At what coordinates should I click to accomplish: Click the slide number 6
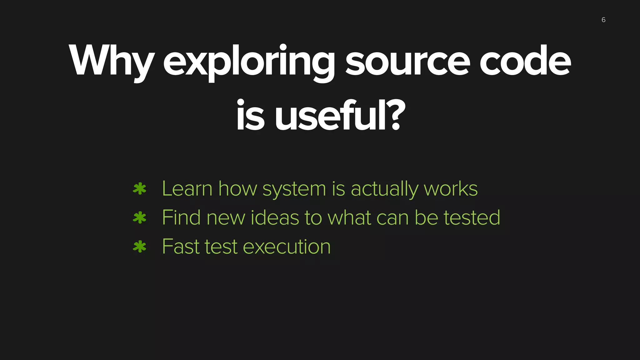click(x=603, y=20)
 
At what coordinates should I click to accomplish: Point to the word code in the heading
click(x=525, y=61)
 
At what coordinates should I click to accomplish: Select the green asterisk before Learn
click(x=139, y=189)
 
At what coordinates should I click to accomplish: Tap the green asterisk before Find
click(x=139, y=218)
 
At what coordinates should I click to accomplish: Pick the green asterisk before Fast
click(x=139, y=247)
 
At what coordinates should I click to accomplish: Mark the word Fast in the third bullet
click(x=181, y=247)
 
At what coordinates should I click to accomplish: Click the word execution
click(x=287, y=247)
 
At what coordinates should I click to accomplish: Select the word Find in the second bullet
click(x=181, y=218)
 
